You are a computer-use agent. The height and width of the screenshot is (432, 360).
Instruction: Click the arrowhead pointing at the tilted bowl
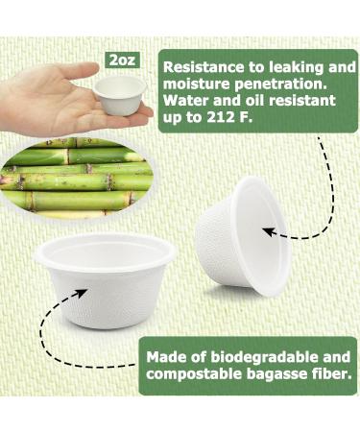coord(271,231)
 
